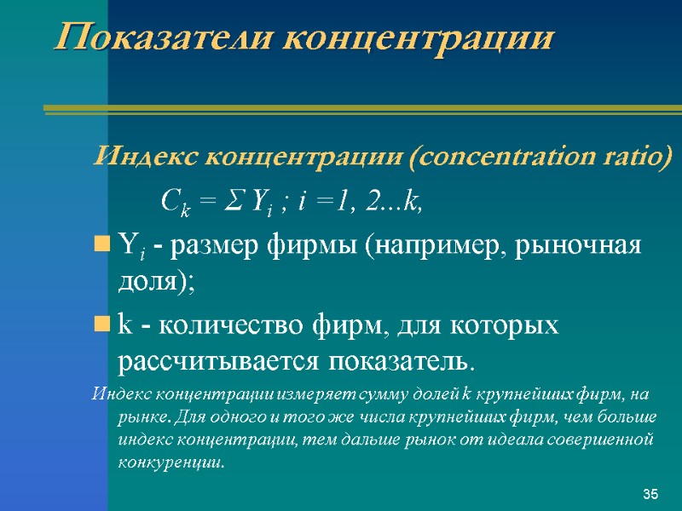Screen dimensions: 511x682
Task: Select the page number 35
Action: (651, 495)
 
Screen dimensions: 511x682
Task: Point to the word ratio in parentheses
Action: (640, 158)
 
